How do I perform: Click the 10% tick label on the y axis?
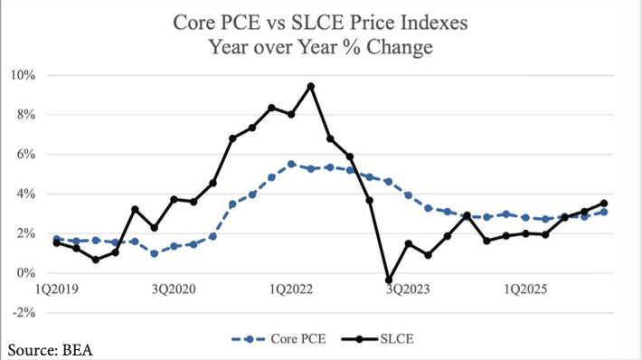coord(24,75)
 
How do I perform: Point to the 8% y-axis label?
coord(26,115)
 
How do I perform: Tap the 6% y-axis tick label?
coord(26,155)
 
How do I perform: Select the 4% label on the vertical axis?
coord(26,194)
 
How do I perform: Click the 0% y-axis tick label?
coord(26,273)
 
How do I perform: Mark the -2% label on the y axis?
coord(24,313)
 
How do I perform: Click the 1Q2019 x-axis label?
coord(56,289)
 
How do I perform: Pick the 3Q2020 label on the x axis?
coord(174,289)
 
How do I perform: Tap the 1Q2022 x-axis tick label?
coord(291,289)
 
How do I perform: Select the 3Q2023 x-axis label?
coord(408,289)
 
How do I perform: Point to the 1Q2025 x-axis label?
coord(525,289)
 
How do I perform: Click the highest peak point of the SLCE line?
coord(311,87)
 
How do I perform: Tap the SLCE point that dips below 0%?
coord(389,280)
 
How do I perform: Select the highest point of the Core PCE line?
coord(291,165)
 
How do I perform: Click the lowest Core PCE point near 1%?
coord(155,254)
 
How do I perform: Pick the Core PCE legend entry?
coord(279,339)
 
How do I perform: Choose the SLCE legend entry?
coord(377,339)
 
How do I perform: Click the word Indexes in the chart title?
coord(434,22)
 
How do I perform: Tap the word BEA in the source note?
coord(78,351)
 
